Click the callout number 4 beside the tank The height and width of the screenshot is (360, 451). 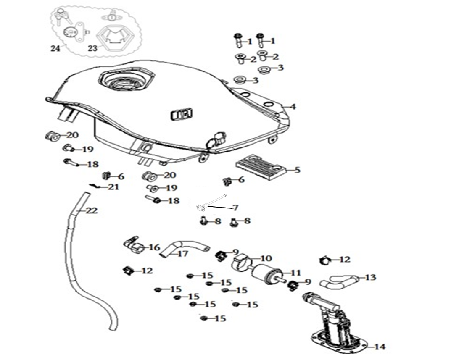(x=293, y=107)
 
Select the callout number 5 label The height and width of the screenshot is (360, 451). (x=298, y=170)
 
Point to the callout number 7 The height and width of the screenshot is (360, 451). (x=235, y=208)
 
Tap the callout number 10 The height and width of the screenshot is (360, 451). (x=266, y=258)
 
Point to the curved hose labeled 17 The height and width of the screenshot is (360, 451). (x=184, y=248)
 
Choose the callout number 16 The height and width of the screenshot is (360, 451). (x=154, y=247)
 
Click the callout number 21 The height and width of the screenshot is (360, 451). (x=113, y=187)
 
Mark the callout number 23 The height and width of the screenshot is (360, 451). (x=92, y=48)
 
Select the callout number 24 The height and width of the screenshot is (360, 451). (x=55, y=48)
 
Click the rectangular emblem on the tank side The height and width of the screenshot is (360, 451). (x=182, y=114)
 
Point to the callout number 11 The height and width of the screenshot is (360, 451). (x=295, y=272)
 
